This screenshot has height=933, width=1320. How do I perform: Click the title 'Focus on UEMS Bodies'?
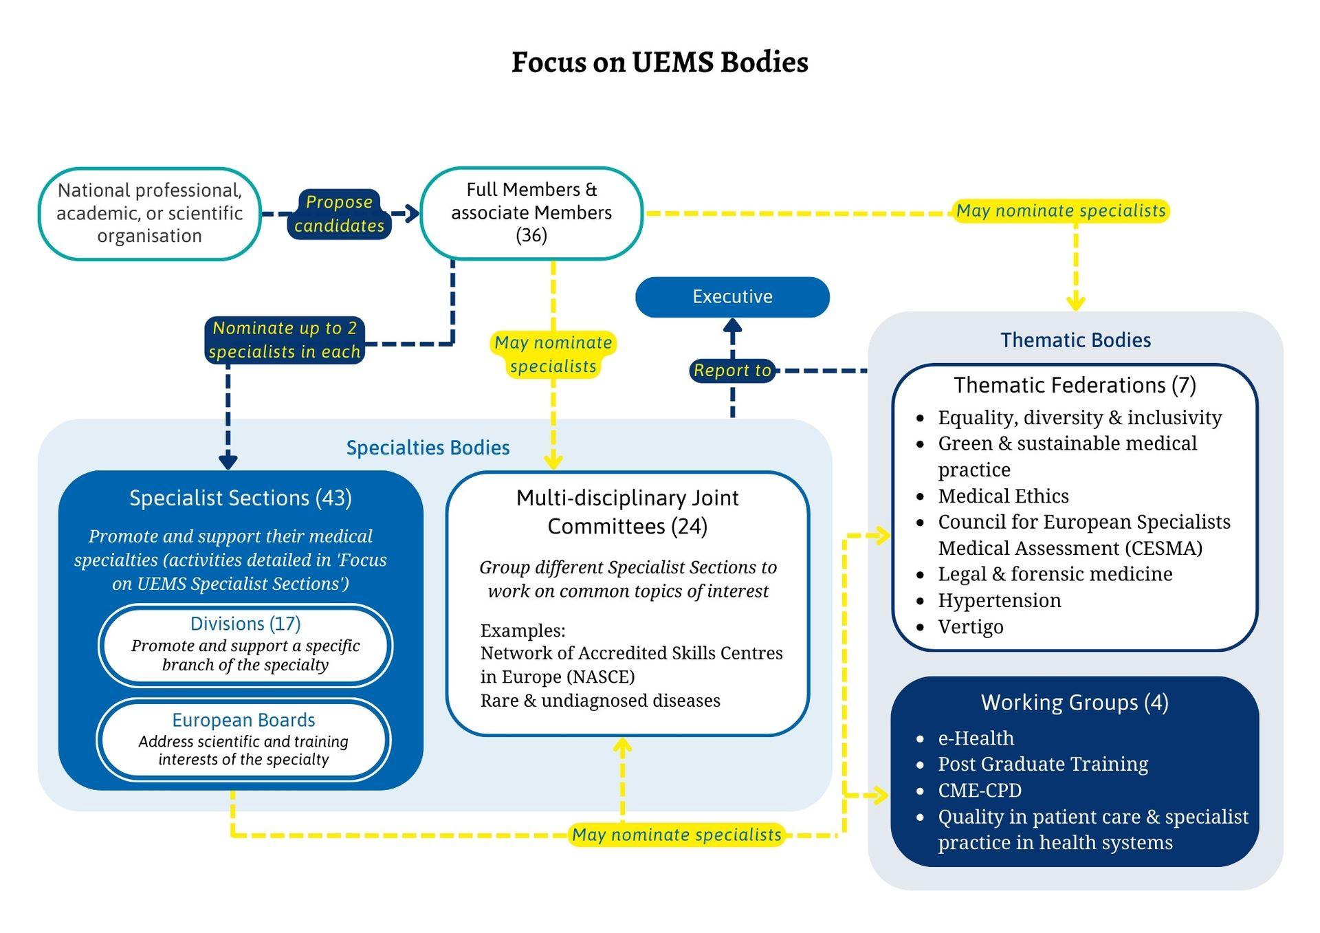point(659,62)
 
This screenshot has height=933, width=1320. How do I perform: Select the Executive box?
point(732,297)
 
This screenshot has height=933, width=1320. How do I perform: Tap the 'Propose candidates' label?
point(339,214)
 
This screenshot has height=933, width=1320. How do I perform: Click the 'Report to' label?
point(732,371)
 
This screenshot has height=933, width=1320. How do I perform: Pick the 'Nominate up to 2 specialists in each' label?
point(285,340)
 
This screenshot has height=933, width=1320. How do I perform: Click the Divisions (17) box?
point(245,644)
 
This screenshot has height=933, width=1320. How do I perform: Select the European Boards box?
point(243,739)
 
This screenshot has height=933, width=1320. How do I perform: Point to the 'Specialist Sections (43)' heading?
point(241,498)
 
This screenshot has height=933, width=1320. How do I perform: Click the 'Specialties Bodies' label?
point(428,448)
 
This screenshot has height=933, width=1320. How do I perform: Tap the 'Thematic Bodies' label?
point(1075,340)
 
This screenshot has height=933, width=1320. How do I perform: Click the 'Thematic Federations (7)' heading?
point(1075,385)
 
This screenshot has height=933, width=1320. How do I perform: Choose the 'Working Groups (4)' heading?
point(1075,703)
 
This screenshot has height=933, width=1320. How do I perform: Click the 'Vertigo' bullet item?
point(970,627)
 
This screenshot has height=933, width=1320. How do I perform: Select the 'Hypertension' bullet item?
point(999,601)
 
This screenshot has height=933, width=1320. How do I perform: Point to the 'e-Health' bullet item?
point(976,738)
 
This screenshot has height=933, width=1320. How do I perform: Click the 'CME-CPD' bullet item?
point(980,791)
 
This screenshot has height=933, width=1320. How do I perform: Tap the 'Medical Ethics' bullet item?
point(1003,496)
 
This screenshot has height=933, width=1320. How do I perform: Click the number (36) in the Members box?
point(531,236)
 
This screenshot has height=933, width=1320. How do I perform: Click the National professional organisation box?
point(149,213)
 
